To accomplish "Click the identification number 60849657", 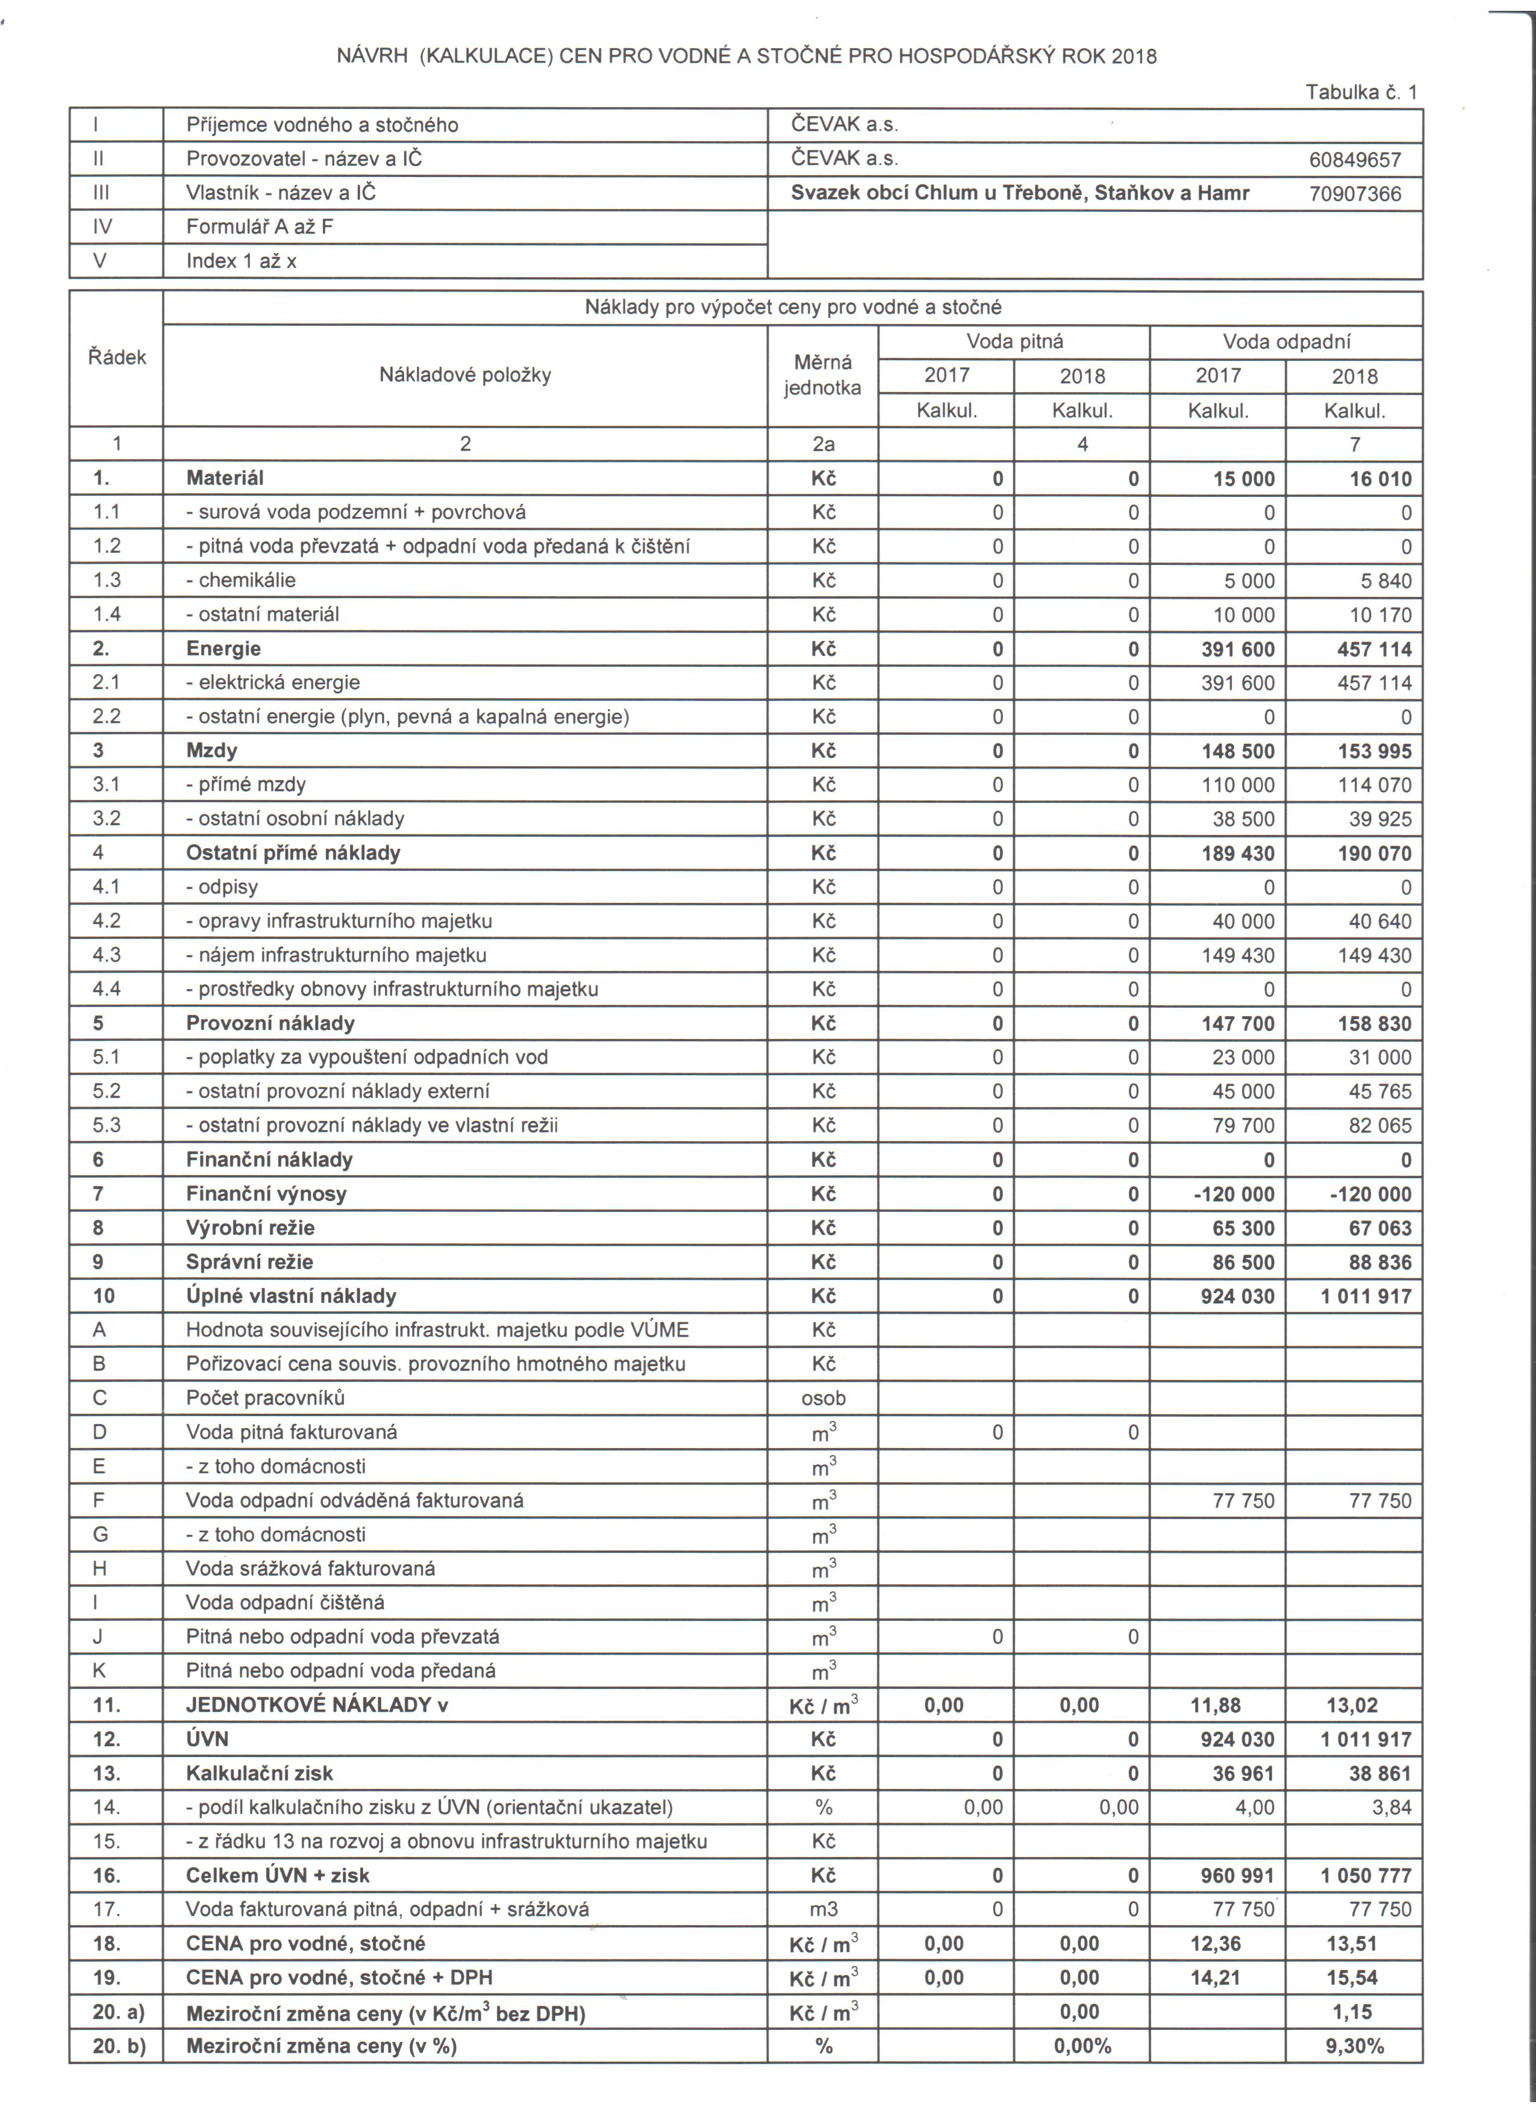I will [x=1354, y=159].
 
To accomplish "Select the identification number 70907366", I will [x=1354, y=194].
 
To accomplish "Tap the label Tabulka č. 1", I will [x=1360, y=92].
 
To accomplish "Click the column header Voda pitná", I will [x=1014, y=341].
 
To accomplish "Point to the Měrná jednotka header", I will [x=822, y=375].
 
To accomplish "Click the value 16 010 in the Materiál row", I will [x=1374, y=479].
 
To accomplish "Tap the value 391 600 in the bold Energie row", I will [x=1237, y=649].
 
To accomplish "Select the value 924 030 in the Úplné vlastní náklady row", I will [x=1237, y=1296].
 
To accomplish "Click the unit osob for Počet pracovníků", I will [x=823, y=1397].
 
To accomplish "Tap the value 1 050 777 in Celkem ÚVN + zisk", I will [x=1366, y=1876].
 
